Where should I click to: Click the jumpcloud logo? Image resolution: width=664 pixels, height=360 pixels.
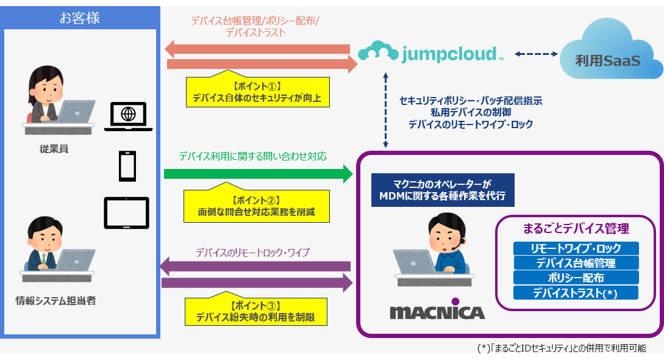[x=430, y=53]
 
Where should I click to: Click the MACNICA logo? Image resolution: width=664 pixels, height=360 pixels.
[x=437, y=312]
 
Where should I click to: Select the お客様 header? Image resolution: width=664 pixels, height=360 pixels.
[x=80, y=18]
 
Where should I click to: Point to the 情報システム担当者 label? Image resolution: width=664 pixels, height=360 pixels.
[x=55, y=300]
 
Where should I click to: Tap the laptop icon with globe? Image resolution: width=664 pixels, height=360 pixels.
[x=128, y=116]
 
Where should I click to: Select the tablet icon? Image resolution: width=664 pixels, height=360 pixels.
[x=127, y=212]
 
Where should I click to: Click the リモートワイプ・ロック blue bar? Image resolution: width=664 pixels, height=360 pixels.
[x=576, y=248]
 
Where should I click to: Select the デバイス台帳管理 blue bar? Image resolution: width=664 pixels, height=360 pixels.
[x=576, y=263]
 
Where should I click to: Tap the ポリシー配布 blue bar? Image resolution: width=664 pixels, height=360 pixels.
[x=576, y=278]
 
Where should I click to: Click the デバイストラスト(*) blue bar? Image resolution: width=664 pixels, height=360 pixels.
[x=576, y=293]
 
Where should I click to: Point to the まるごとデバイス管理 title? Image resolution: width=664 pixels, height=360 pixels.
[x=576, y=229]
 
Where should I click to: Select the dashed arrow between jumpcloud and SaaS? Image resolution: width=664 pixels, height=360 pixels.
[x=537, y=54]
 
